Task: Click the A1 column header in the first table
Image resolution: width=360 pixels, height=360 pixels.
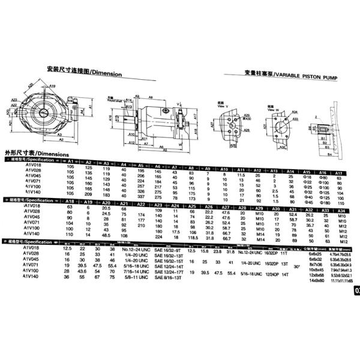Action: tap(71, 163)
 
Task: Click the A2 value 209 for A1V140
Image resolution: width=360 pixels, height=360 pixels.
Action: tap(89, 195)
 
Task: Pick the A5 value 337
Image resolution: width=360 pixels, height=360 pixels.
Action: tap(142, 196)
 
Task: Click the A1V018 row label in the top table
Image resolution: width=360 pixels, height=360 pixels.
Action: tap(34, 166)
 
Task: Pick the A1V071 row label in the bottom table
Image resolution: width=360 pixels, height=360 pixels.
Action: tap(32, 264)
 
